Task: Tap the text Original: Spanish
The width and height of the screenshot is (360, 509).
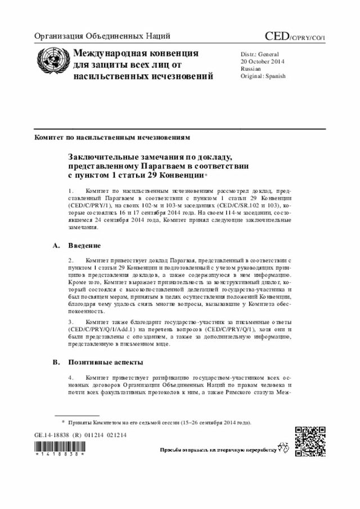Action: tap(263, 76)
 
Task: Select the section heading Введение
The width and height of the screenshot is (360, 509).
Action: tap(84, 246)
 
